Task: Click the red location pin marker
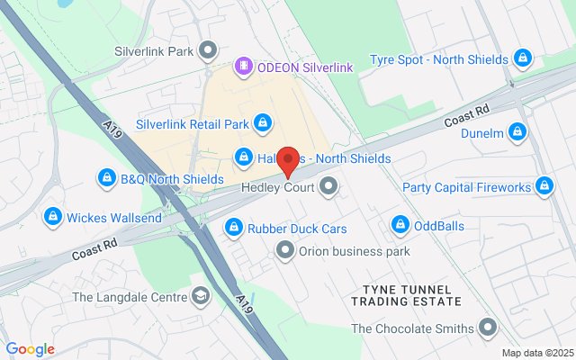tap(288, 161)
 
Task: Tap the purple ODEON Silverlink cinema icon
tap(242, 67)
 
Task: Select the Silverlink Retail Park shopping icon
tap(263, 121)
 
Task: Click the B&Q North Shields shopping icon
tap(107, 178)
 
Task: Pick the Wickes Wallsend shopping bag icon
tap(53, 217)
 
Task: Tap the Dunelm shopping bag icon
tap(517, 133)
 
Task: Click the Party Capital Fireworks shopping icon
tap(544, 186)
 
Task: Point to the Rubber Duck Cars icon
tap(234, 228)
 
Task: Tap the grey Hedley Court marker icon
tap(329, 187)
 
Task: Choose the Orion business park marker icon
tap(285, 250)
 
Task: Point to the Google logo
tap(30, 349)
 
